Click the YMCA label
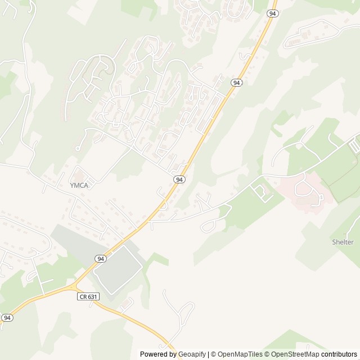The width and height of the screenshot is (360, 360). (x=80, y=184)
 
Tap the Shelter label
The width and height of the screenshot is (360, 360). (x=343, y=242)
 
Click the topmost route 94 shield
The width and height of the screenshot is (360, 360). (x=272, y=13)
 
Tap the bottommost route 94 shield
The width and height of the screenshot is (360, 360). (x=7, y=318)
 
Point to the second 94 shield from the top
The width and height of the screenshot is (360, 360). (x=236, y=83)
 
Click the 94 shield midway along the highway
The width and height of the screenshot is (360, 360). (x=179, y=179)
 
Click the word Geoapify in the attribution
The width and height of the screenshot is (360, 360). (x=192, y=354)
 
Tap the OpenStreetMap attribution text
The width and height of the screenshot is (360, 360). (x=294, y=354)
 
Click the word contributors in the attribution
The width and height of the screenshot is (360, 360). (x=339, y=354)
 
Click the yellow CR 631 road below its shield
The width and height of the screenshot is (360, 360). (x=129, y=318)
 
